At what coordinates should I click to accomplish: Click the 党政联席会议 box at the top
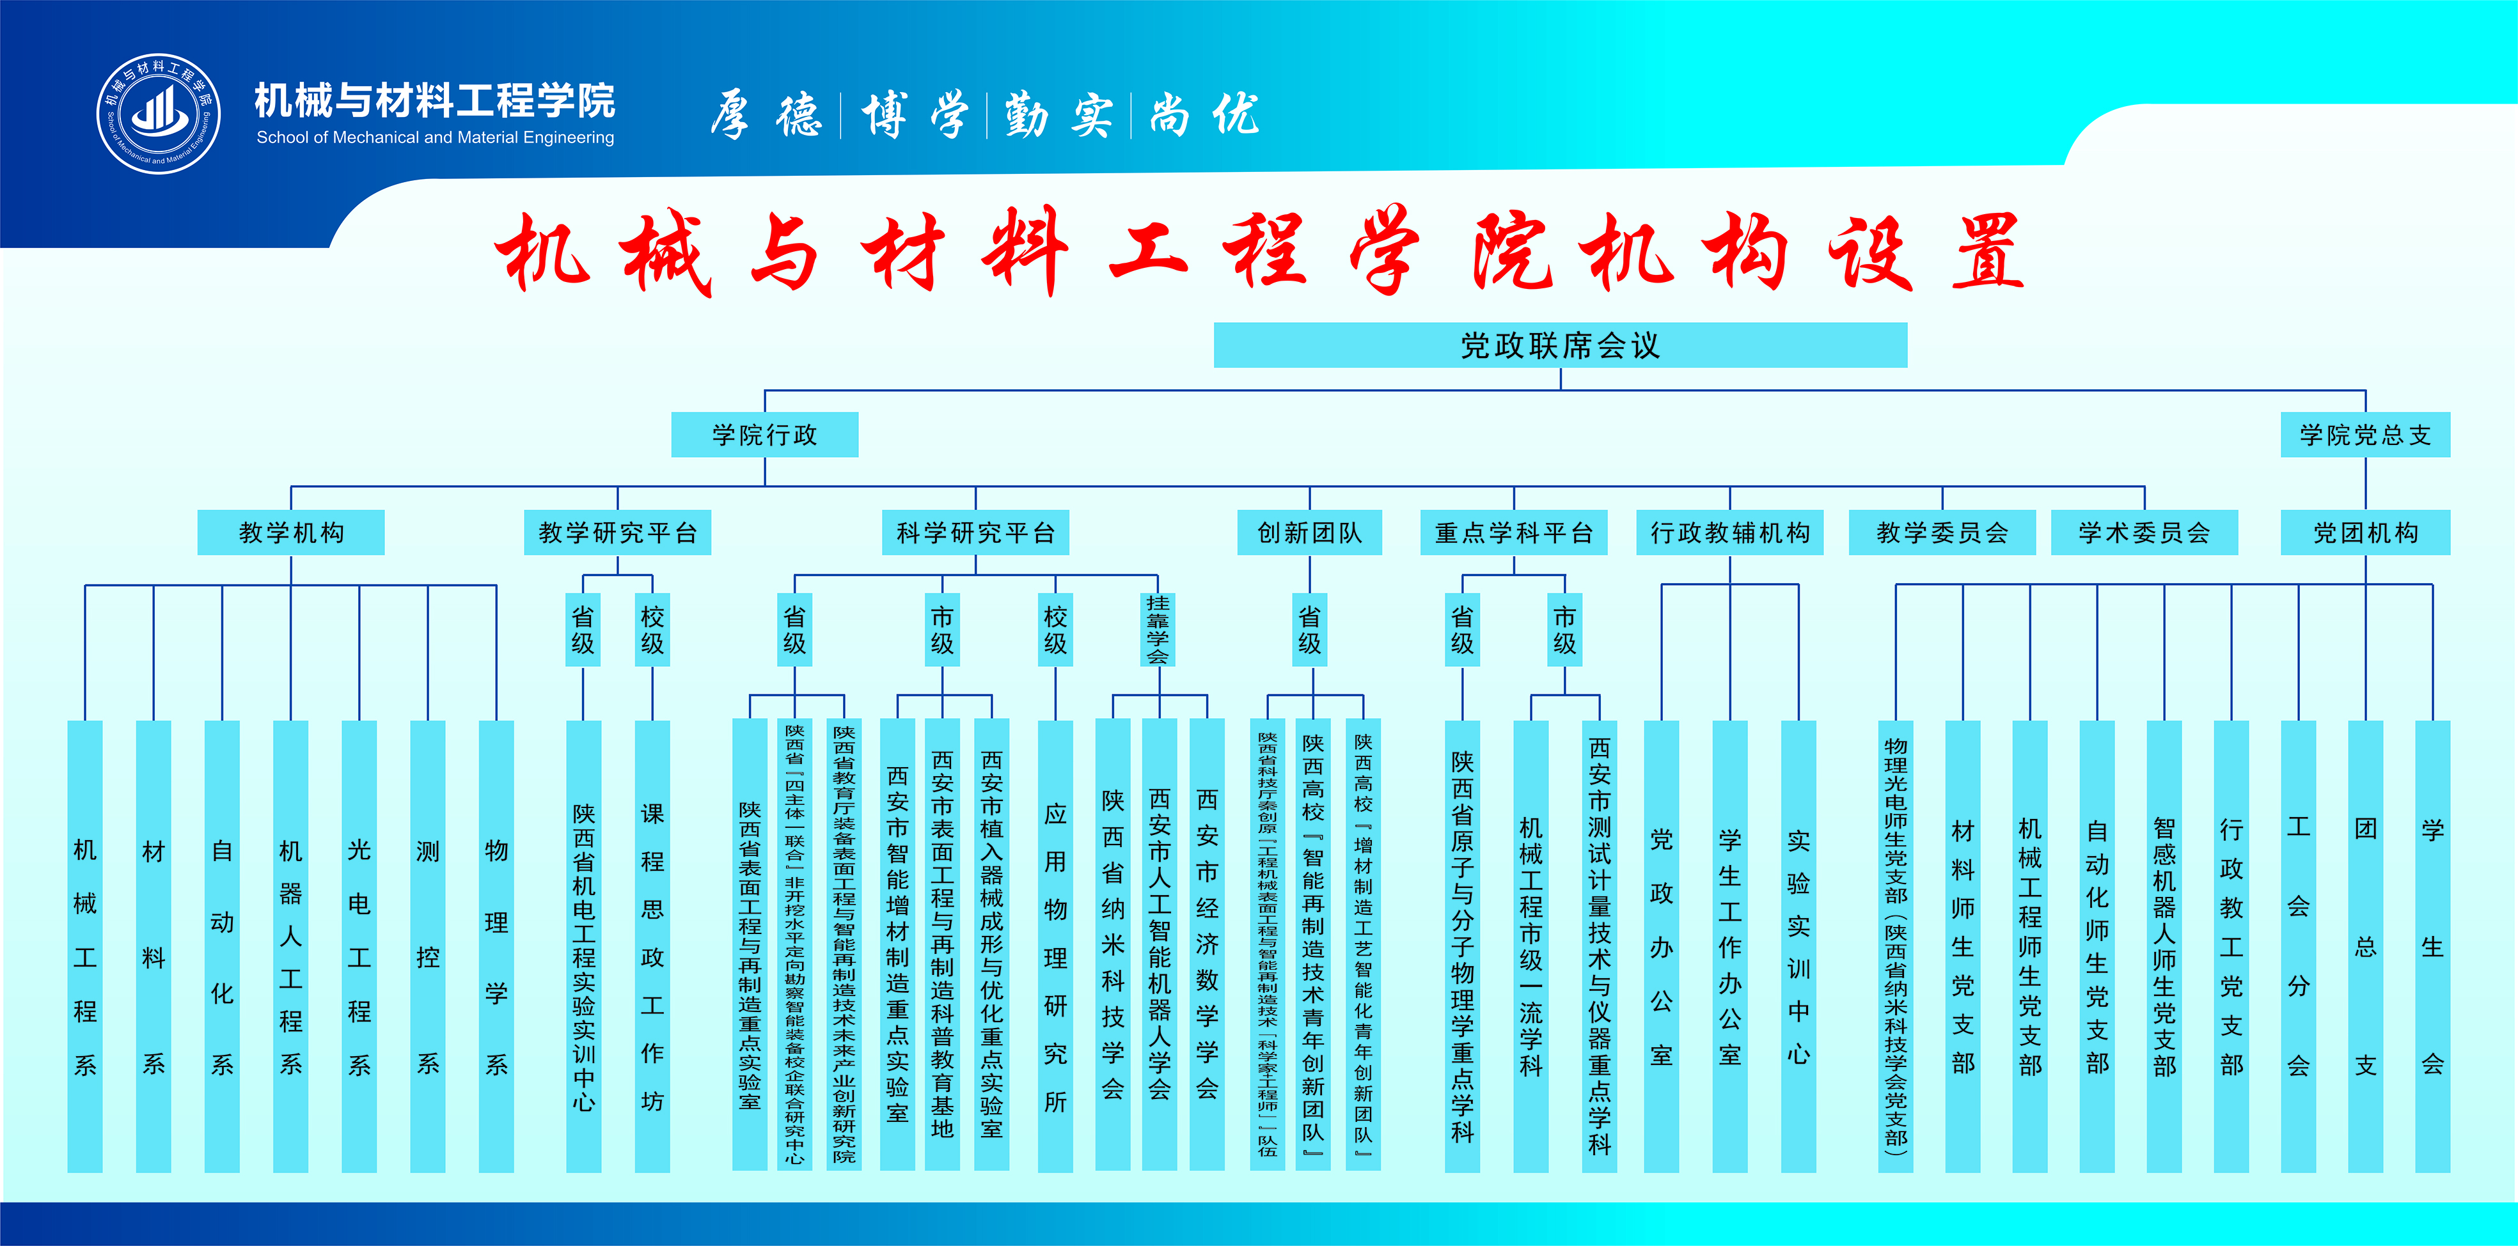click(x=1560, y=345)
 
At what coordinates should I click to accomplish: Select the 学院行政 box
click(x=764, y=435)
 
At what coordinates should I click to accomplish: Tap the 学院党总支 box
click(x=2366, y=435)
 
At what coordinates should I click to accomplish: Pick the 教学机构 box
click(x=291, y=533)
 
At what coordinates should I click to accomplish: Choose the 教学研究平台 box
click(x=618, y=533)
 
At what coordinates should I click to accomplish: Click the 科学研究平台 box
click(x=975, y=533)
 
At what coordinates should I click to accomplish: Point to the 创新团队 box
click(x=1310, y=533)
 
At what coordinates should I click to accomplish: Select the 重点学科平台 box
click(x=1514, y=533)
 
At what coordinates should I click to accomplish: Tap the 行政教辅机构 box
click(x=1730, y=533)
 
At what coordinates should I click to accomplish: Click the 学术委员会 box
click(x=2144, y=533)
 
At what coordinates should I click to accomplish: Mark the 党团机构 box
click(x=2366, y=533)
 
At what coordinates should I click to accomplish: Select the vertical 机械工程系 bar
click(x=85, y=946)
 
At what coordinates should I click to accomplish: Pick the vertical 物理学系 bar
click(x=496, y=946)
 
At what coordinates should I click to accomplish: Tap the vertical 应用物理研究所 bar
click(x=1056, y=946)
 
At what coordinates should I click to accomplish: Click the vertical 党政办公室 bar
click(x=1662, y=946)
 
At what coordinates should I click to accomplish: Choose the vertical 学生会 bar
click(x=2433, y=946)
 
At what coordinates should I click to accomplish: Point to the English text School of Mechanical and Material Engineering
click(x=435, y=138)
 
